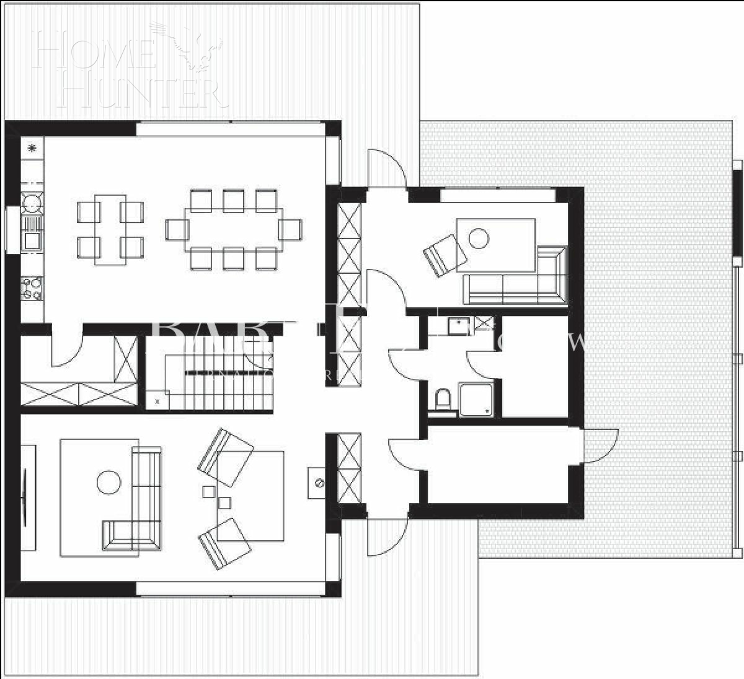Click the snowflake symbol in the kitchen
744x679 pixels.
click(32, 147)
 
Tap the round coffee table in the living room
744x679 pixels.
click(109, 482)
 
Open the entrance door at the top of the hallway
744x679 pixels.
click(386, 169)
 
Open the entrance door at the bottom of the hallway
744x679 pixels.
click(386, 537)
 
